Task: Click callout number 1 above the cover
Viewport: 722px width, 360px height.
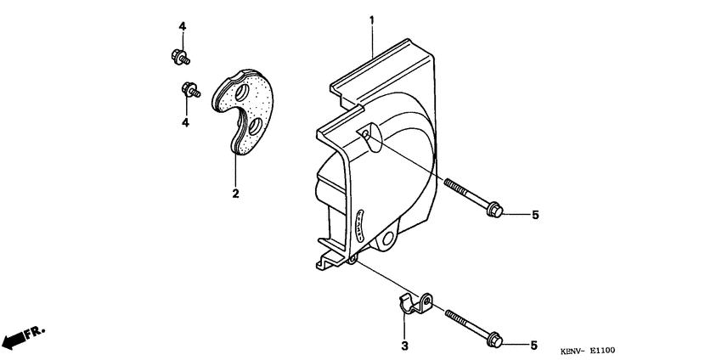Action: [x=371, y=20]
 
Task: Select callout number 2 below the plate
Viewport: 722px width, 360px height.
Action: [x=235, y=194]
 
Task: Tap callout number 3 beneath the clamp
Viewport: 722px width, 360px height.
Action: [x=405, y=346]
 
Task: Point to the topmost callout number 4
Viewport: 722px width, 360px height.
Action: [x=182, y=26]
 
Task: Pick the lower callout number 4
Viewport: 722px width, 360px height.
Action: [x=184, y=123]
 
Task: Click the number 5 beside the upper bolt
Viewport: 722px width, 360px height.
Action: [x=535, y=216]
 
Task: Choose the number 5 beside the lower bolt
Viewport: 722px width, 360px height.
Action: [x=535, y=345]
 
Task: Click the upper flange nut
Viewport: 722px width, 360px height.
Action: [x=178, y=58]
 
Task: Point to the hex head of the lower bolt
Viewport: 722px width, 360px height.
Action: [x=494, y=339]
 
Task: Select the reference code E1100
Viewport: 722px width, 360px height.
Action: [x=612, y=350]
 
